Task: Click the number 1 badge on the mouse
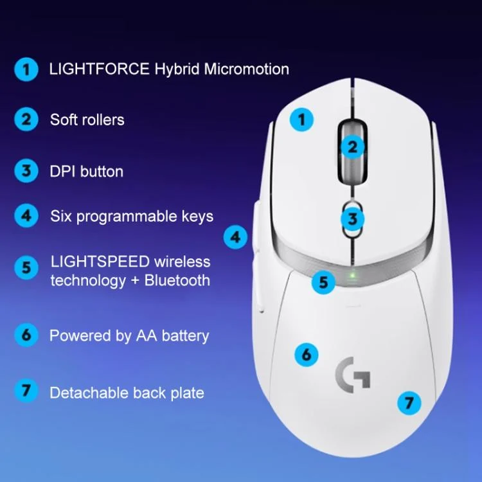(x=302, y=120)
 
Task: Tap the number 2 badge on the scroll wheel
(x=353, y=147)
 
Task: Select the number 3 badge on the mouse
(x=353, y=219)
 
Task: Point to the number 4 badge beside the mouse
(x=235, y=237)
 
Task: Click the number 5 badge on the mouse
(x=323, y=282)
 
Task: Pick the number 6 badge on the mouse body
(x=307, y=355)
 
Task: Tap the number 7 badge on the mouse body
(x=409, y=403)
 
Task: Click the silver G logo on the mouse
(x=352, y=375)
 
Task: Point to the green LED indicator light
(x=353, y=274)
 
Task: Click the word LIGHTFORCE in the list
(x=99, y=69)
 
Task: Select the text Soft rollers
(x=87, y=120)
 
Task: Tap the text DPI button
(x=86, y=171)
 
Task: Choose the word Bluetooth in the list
(x=177, y=280)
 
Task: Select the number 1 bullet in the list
(x=26, y=69)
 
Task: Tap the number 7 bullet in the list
(x=26, y=391)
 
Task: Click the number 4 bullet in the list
(x=26, y=215)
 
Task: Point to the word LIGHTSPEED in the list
(x=100, y=262)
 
